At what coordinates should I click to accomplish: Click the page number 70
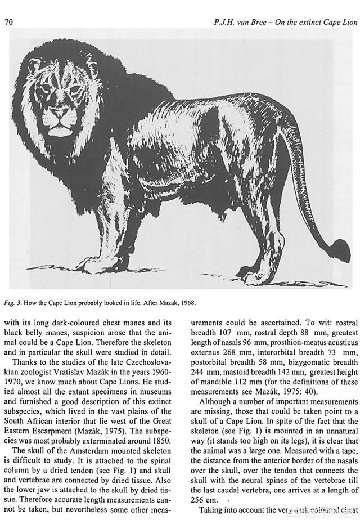pyautogui.click(x=8, y=22)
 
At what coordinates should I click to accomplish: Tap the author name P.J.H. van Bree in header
pyautogui.click(x=248, y=22)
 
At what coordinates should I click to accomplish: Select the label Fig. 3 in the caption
pyautogui.click(x=12, y=303)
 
